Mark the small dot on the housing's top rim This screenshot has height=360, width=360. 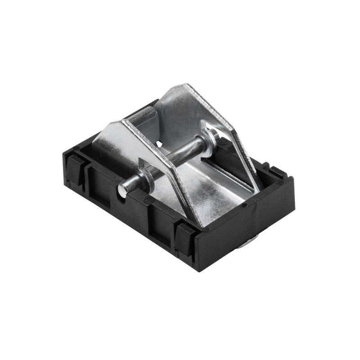[x=243, y=206]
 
